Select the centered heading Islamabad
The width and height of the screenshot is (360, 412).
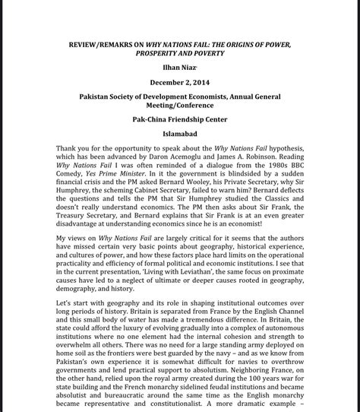[180, 135]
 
